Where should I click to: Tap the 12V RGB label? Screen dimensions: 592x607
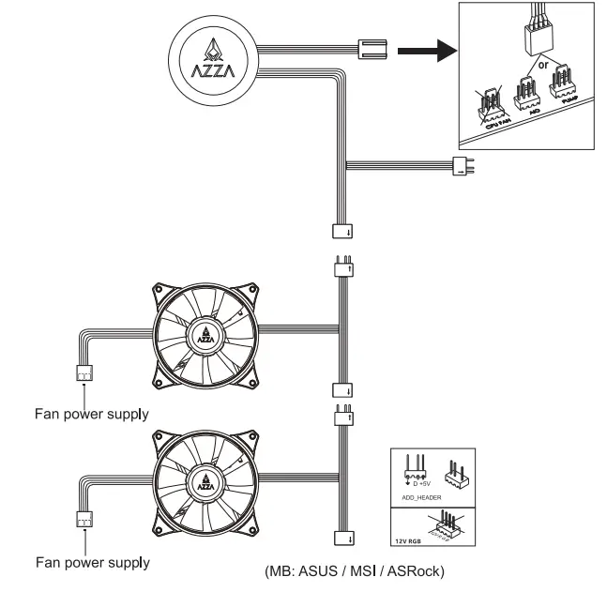pyautogui.click(x=406, y=542)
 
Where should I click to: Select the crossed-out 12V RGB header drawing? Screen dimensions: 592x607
pyautogui.click(x=448, y=526)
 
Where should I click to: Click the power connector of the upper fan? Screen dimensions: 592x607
pyautogui.click(x=83, y=372)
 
